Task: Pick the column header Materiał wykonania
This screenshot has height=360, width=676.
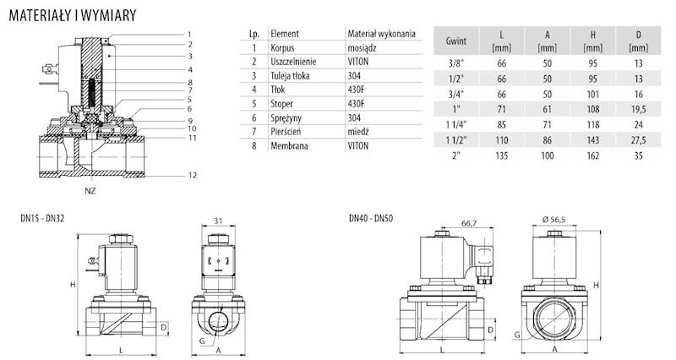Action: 381,34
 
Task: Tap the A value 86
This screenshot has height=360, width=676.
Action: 548,140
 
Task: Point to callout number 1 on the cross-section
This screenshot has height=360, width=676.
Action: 190,35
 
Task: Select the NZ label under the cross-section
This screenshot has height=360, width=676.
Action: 90,191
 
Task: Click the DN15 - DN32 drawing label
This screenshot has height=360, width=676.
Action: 42,219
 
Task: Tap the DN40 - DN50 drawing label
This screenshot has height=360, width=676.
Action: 371,219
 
